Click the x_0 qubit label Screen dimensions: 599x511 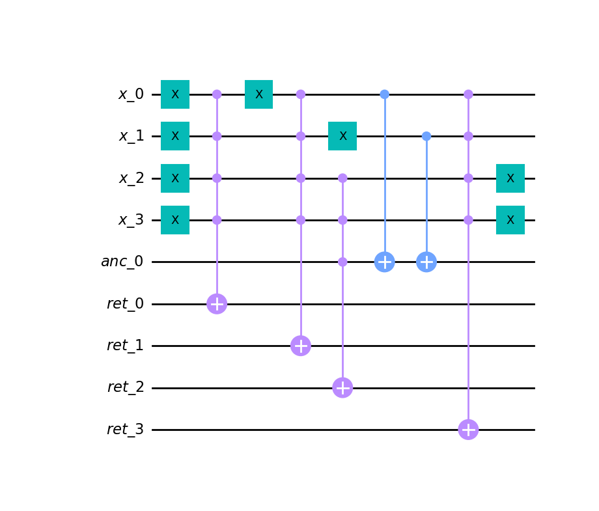[131, 94]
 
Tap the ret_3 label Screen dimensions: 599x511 [125, 430]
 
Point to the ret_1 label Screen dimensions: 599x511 [125, 346]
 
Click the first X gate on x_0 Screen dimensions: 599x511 [175, 94]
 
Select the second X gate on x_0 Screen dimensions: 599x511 [258, 94]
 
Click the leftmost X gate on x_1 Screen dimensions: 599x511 [175, 136]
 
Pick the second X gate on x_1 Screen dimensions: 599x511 [342, 136]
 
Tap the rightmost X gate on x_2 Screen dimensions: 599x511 [510, 178]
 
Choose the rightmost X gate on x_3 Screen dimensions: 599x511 [510, 220]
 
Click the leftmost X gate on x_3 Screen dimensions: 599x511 [175, 220]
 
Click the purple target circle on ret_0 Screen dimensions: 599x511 [217, 303]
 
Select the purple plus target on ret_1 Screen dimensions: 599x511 [300, 346]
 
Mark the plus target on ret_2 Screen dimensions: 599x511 [342, 387]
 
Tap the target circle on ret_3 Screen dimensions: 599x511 [468, 430]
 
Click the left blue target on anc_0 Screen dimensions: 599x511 [384, 262]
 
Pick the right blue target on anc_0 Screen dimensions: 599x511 [426, 262]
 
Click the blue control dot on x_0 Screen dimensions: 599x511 [384, 94]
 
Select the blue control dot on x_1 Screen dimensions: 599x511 [426, 136]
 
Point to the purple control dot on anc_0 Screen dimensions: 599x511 [342, 262]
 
